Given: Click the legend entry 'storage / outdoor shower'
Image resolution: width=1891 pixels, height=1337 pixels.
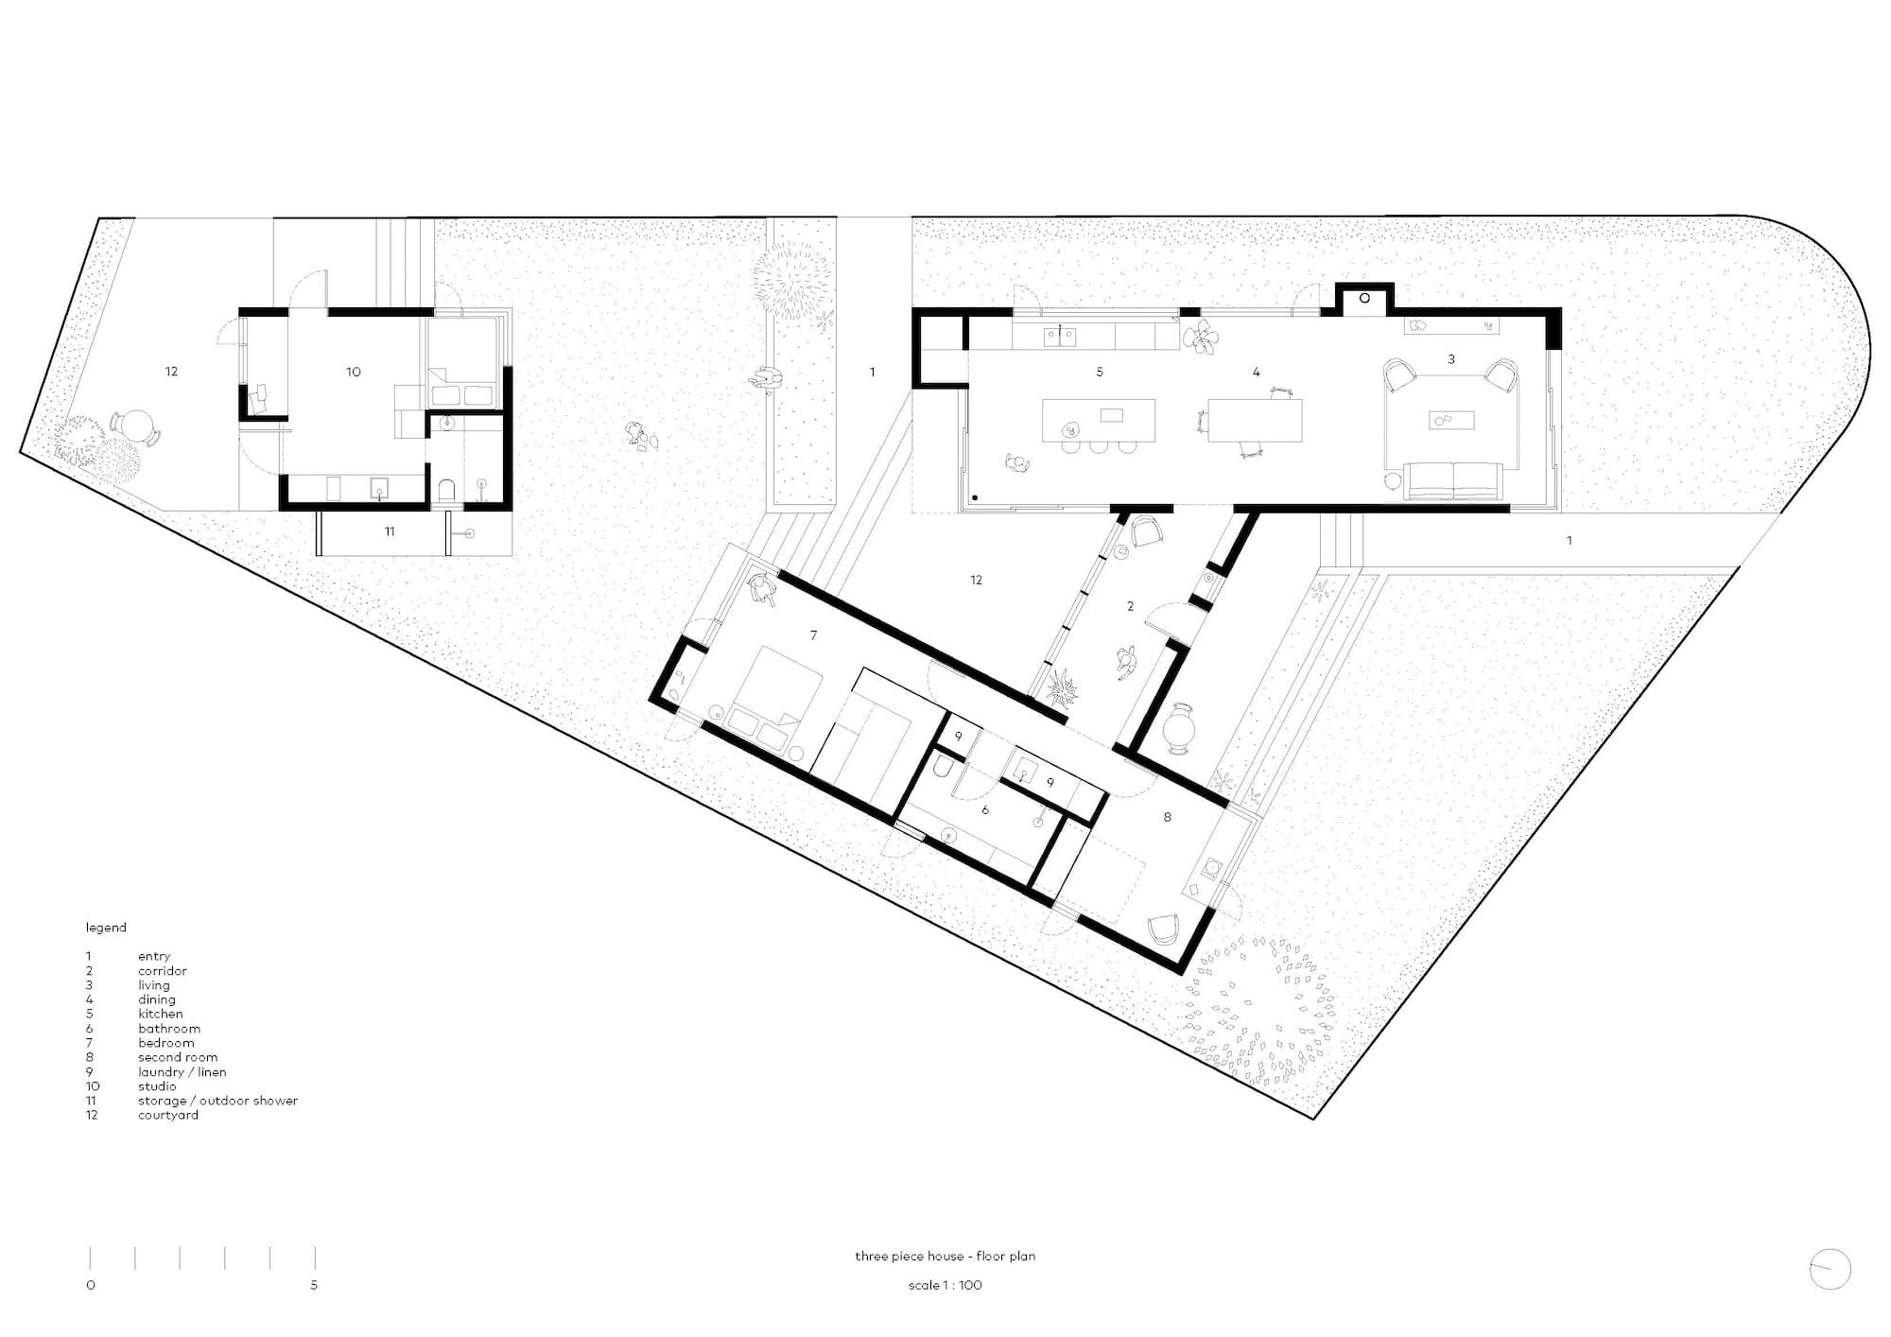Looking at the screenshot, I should pos(217,1101).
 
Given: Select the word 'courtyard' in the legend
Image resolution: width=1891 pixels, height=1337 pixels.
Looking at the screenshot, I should pos(168,1115).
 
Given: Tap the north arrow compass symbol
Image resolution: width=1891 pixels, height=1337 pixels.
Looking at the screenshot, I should pos(1830,1269).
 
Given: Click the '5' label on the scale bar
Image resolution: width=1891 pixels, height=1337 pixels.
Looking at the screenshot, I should pos(314,1285).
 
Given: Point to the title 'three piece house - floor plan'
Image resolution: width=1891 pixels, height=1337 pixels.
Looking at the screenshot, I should pos(945,1256).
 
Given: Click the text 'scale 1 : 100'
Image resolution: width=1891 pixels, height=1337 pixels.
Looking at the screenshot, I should pos(945,1285).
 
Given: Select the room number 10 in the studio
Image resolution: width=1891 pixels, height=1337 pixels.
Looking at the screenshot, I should pos(353,372).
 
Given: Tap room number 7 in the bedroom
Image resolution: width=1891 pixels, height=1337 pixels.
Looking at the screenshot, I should pos(813,635).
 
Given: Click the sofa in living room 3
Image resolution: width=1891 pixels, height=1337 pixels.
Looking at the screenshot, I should pos(1453,480).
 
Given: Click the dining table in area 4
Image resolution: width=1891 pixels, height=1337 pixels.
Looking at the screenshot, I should pos(1255,421).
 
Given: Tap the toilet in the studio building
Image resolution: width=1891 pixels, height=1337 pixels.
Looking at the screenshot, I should pos(447,490).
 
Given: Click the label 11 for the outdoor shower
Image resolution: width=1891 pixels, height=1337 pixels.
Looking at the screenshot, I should pos(390,531).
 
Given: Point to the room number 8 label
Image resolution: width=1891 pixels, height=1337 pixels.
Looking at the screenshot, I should pos(1167,817).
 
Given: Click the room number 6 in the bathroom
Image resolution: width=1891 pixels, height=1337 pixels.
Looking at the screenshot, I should pos(985,810).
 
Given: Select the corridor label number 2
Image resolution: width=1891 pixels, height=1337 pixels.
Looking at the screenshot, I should pos(1130,606).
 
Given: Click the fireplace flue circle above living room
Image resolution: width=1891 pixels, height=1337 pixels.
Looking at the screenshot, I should pos(1364,298).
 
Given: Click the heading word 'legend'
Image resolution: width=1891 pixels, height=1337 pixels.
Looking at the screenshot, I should pos(106,928).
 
